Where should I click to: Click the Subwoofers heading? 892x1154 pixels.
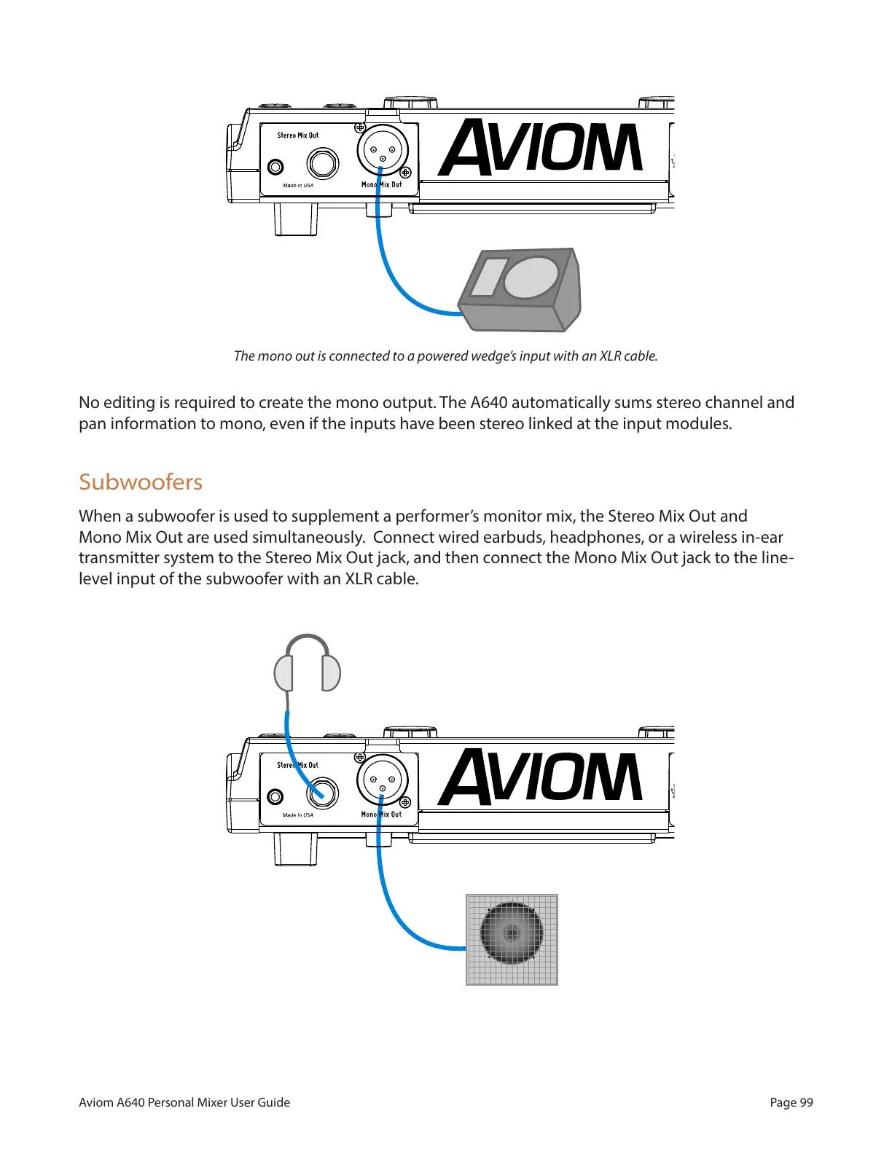coord(141,482)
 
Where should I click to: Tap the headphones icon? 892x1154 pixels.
coord(308,664)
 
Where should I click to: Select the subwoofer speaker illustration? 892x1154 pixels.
coord(512,940)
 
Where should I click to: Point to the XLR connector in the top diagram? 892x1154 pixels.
coord(383,151)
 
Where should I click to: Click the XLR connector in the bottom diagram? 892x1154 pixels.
coord(383,780)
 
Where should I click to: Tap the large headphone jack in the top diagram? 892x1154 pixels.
coord(322,164)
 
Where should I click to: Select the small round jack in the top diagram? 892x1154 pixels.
coord(275,167)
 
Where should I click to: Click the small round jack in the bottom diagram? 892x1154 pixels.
coord(275,796)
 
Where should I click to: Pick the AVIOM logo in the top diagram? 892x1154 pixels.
coord(541,149)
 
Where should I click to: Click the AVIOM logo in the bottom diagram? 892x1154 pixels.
coord(541,778)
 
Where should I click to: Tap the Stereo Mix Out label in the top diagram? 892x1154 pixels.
coord(297,136)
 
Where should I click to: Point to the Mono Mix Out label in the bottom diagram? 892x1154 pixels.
coord(381,815)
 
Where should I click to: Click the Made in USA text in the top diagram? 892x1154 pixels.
coord(298,186)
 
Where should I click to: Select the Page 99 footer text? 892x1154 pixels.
coord(791,1102)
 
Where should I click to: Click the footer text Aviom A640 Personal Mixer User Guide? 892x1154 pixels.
coord(184,1102)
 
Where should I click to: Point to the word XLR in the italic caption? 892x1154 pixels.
coord(609,356)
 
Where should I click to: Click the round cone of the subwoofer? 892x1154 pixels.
coord(512,933)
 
